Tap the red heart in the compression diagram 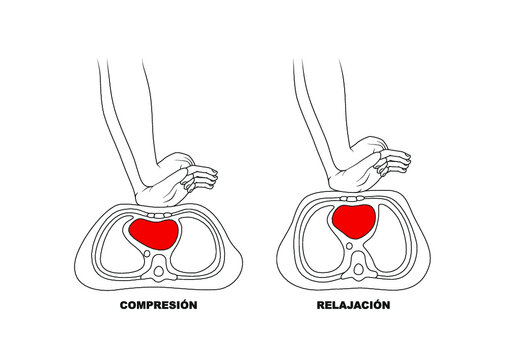[x=154, y=233]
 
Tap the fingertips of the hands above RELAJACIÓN [x=406, y=160]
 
